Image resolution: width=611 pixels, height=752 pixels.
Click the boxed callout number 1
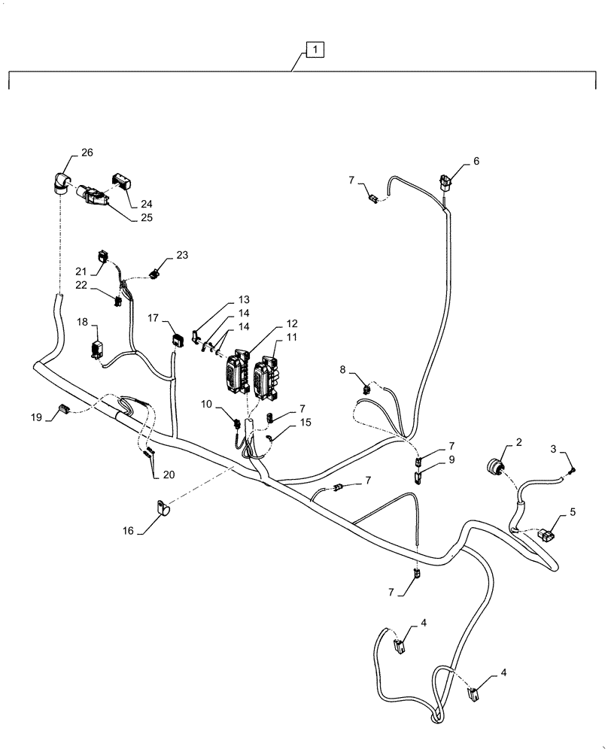coord(315,50)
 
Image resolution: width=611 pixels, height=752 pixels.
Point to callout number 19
coord(36,416)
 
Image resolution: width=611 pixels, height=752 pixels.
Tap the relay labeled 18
coord(96,350)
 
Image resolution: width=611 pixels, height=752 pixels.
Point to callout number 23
coord(183,255)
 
